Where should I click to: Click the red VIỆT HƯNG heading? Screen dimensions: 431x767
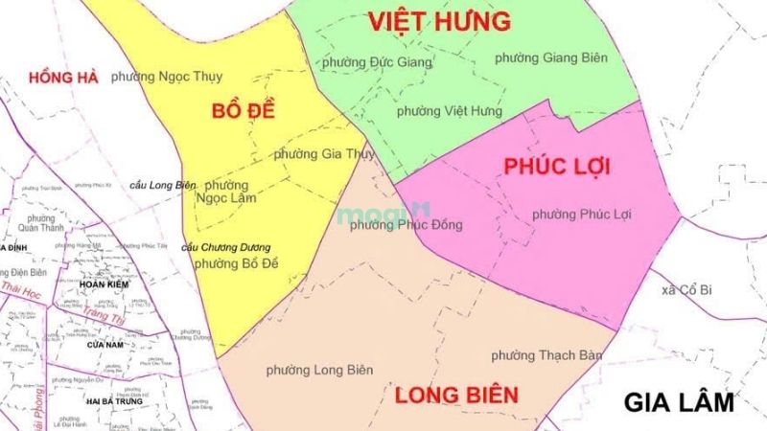[439, 21]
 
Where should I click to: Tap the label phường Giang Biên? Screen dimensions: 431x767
[551, 57]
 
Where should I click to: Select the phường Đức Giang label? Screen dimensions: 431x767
[377, 62]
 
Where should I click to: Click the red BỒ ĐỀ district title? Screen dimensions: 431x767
[243, 110]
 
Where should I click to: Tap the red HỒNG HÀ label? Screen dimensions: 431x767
[64, 77]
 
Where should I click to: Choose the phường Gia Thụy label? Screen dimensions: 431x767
[319, 153]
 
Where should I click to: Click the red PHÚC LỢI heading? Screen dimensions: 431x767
[557, 166]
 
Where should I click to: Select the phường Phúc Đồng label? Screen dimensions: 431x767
[407, 226]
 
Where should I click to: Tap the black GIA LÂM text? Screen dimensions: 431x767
[678, 401]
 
